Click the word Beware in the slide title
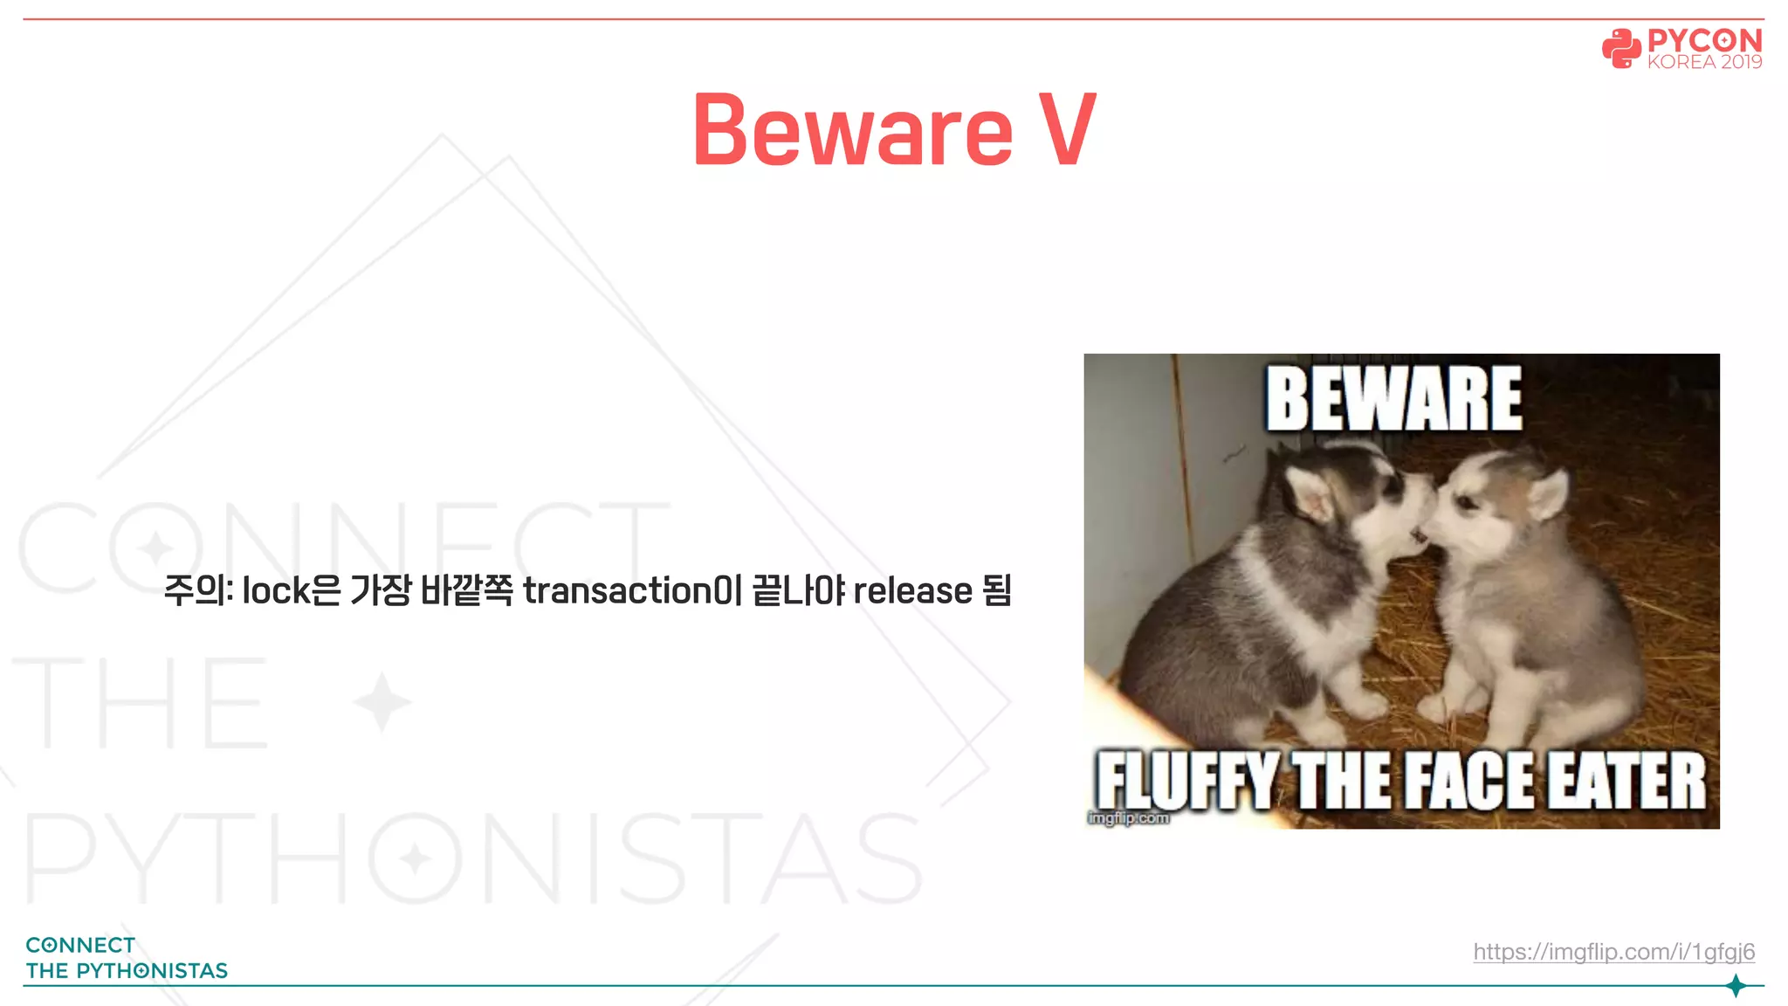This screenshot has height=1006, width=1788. coord(853,131)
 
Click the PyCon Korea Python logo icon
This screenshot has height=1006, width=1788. coord(1621,49)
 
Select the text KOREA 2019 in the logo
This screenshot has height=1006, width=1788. coord(1704,62)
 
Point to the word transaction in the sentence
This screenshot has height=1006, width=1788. coord(617,591)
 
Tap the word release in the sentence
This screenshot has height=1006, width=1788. coord(912,591)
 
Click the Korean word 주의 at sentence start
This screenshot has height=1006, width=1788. coord(195,591)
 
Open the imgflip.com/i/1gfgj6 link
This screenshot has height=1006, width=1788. coord(1613,951)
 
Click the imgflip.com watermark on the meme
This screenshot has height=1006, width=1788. coord(1128,818)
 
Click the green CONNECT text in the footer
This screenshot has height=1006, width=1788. coord(80,945)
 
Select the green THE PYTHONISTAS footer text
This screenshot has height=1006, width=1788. coord(127,971)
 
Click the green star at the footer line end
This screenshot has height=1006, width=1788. coord(1736,986)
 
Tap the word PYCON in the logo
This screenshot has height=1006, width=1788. coord(1704,41)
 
